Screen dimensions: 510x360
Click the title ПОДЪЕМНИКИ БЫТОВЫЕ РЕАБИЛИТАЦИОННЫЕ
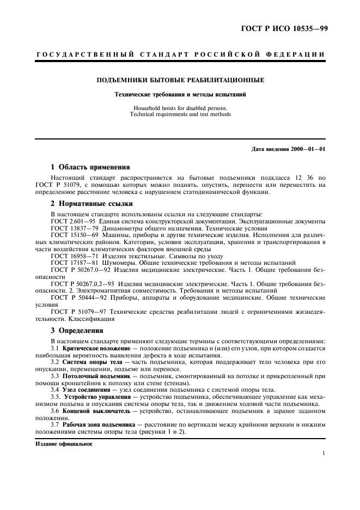180,80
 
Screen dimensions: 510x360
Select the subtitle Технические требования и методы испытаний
180,94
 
